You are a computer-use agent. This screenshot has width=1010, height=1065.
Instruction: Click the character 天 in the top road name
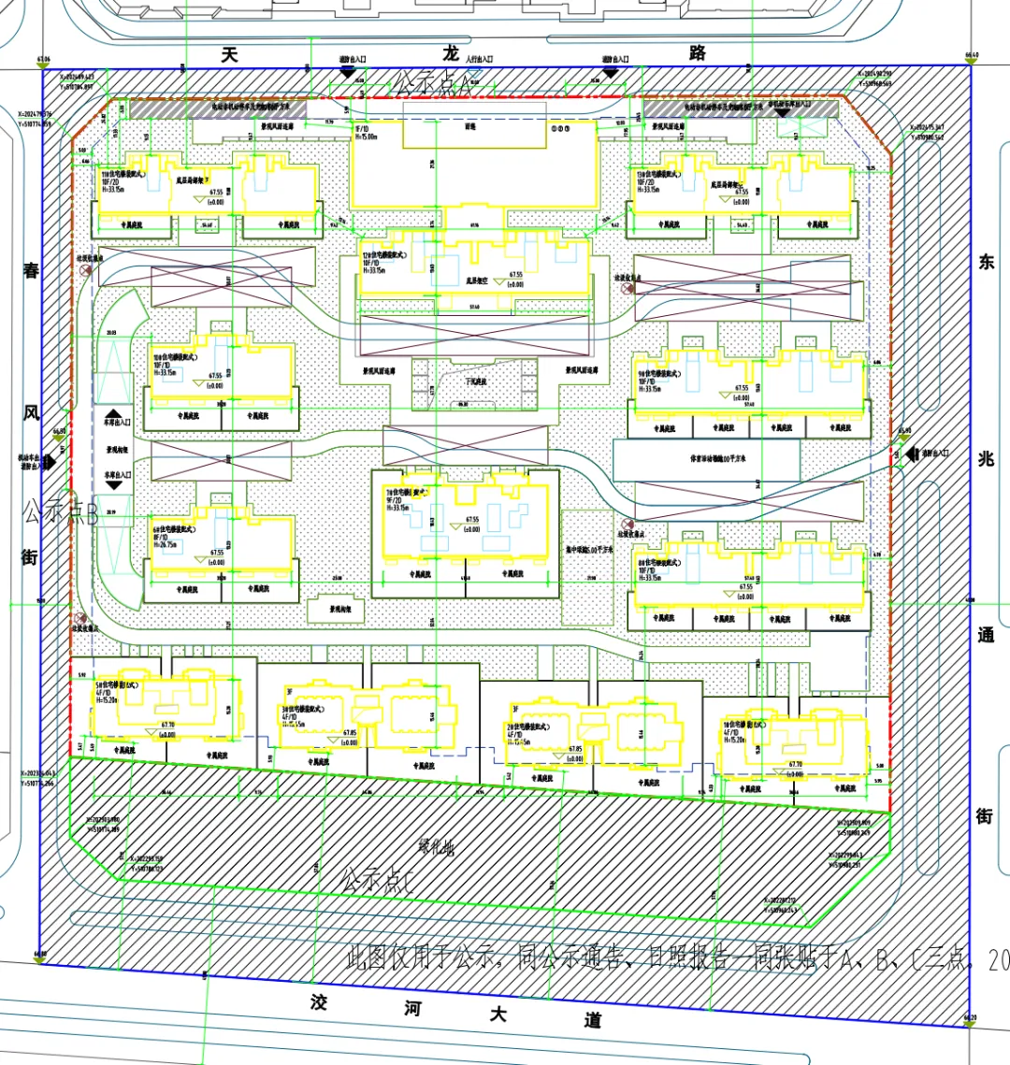coord(230,54)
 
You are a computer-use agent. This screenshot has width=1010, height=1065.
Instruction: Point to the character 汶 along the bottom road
coord(320,1003)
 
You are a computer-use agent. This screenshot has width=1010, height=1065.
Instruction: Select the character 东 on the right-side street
coord(986,263)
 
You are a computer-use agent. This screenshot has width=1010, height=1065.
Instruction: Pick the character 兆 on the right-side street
coord(986,458)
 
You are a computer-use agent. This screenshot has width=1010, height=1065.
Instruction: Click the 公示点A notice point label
coord(433,84)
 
